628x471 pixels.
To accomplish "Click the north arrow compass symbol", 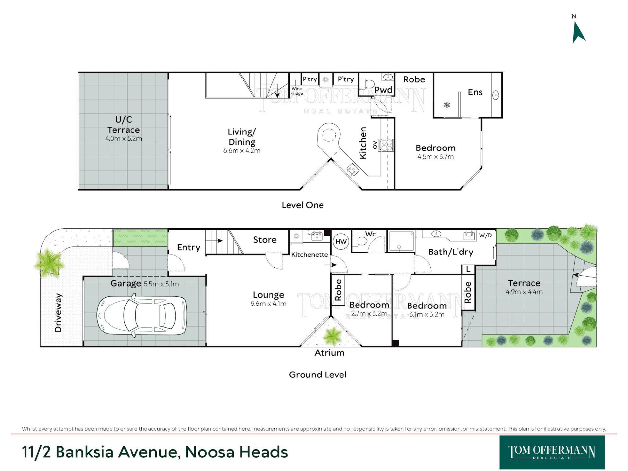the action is tap(578, 32).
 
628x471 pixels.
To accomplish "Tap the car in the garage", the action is tap(142, 316).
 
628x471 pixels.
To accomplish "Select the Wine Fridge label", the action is tap(297, 91).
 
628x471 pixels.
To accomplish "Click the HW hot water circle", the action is tap(341, 242).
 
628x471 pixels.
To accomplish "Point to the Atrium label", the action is tap(329, 353).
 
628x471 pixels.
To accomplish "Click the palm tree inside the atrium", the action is tap(332, 336).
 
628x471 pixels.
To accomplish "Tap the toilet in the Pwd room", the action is tap(367, 84).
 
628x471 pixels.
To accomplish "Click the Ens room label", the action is tap(475, 92).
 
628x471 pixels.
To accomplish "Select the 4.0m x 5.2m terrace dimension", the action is tap(124, 139).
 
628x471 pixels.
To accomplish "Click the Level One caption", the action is tap(303, 205).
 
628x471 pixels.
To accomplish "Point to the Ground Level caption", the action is tap(318, 375).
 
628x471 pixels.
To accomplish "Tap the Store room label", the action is tap(265, 240).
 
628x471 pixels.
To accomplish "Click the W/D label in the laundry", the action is tap(485, 235).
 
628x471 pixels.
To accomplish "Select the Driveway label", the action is tap(58, 313).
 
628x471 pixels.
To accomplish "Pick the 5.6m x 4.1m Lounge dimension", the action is tap(269, 304).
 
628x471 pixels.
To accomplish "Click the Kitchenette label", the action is tap(309, 255).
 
